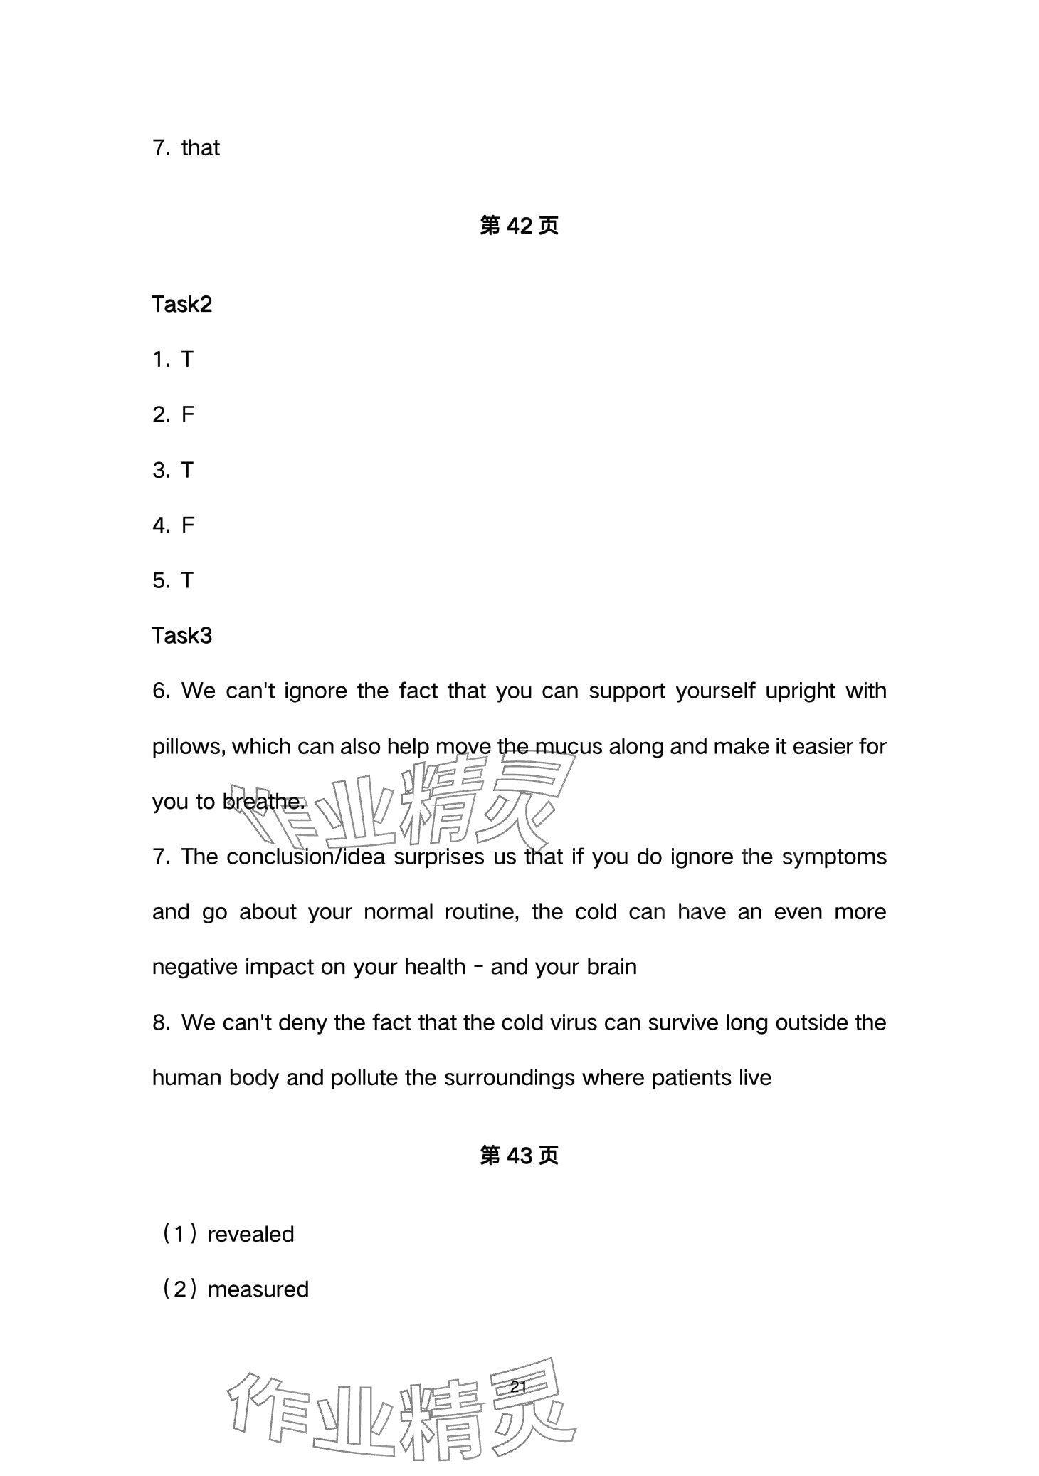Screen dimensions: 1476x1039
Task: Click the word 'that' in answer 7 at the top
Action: (x=200, y=148)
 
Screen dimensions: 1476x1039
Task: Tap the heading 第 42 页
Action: (x=519, y=226)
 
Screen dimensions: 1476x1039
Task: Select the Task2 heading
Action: (x=182, y=305)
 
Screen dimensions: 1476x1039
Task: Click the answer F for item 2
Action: (x=188, y=414)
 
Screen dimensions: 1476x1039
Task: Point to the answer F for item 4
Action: (x=188, y=525)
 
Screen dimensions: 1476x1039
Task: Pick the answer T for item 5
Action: (x=187, y=581)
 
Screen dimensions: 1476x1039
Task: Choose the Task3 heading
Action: (x=182, y=636)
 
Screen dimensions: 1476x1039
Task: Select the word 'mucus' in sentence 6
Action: (x=564, y=747)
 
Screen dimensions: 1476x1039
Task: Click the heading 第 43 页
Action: (x=519, y=1156)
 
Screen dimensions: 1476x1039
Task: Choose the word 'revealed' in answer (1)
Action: (x=250, y=1235)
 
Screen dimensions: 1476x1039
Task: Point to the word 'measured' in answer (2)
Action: (x=258, y=1289)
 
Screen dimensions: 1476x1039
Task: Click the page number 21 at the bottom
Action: (x=518, y=1387)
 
